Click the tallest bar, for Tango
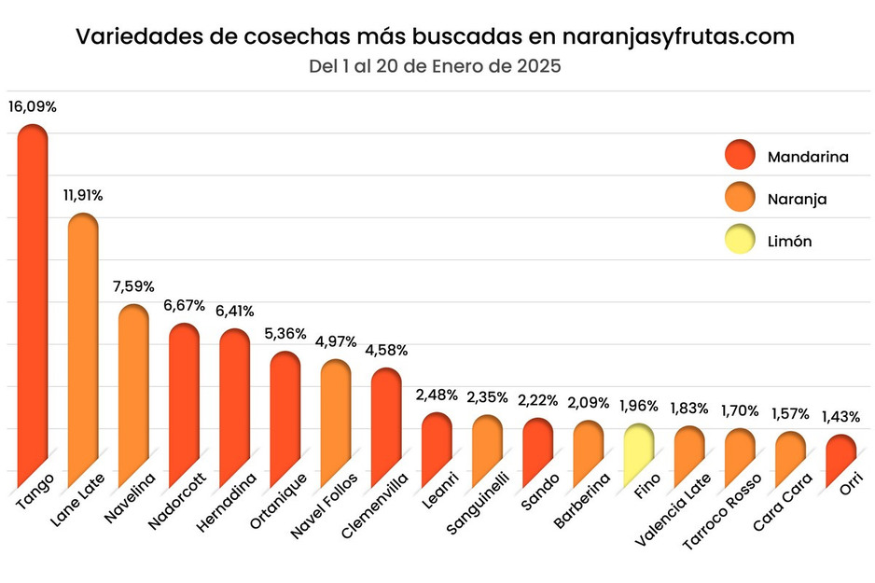(33, 298)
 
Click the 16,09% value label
(33, 106)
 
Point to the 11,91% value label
(83, 196)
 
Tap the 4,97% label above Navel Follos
(336, 341)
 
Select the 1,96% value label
(638, 407)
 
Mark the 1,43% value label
(840, 417)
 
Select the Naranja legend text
(797, 199)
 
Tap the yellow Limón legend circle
(739, 241)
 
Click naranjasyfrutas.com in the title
(679, 36)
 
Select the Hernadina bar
(234, 401)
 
